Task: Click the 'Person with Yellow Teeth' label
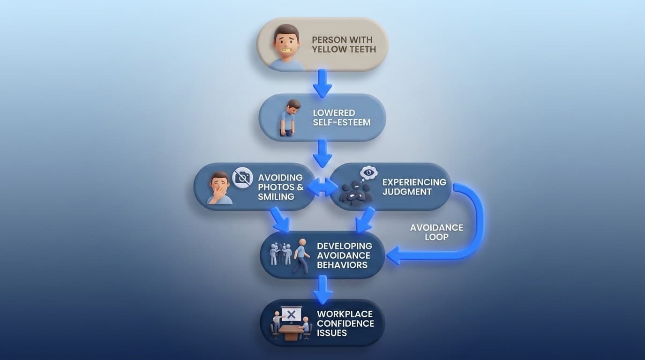[x=344, y=44]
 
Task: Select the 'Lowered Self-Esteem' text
[x=341, y=118]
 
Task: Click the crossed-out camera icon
[x=243, y=178]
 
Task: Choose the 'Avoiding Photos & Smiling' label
[x=280, y=187]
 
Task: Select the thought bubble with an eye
[x=368, y=173]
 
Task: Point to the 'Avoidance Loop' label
[x=436, y=232]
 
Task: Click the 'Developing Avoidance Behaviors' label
[x=345, y=255]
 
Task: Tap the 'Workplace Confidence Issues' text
[x=345, y=323]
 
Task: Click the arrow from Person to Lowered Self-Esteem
[x=322, y=83]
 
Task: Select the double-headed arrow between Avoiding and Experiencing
[x=322, y=187]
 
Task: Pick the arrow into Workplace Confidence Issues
[x=322, y=289]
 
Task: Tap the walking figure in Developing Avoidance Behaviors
[x=301, y=256]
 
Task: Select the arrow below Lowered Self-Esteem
[x=322, y=153]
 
